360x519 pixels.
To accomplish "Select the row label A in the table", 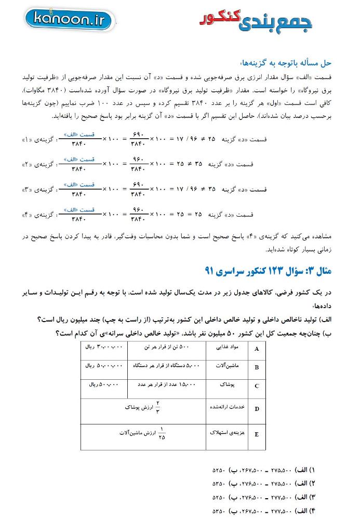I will pos(257,349).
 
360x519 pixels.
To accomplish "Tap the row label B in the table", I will pos(257,367).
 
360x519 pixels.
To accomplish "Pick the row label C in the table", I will pos(257,386).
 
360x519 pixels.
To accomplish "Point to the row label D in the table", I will pos(257,409).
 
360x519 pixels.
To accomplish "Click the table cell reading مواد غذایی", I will pos(227,348).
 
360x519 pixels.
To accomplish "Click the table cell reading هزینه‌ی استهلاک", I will pos(227,432).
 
